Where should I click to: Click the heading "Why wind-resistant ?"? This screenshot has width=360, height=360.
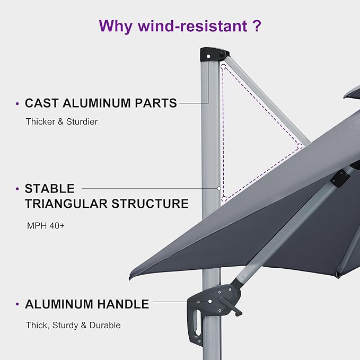[180, 25]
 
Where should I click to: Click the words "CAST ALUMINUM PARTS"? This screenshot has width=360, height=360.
[101, 103]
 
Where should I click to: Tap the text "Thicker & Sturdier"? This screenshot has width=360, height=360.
[62, 121]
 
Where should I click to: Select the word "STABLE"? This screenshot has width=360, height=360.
[49, 188]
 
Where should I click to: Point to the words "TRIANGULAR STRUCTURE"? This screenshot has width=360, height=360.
[107, 204]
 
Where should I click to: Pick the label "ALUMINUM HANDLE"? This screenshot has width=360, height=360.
[87, 304]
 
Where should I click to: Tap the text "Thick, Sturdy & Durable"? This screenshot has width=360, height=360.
[73, 325]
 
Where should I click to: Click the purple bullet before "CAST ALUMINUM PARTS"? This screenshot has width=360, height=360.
[18, 104]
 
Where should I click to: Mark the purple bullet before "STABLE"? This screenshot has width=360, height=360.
[18, 189]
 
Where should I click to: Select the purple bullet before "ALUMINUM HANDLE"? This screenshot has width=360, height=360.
[18, 305]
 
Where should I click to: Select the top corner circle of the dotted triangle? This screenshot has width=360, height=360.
[224, 67]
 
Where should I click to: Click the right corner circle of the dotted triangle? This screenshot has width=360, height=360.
[300, 145]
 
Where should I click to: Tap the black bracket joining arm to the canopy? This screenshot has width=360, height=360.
[338, 180]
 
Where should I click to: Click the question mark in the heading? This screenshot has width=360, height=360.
[256, 25]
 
